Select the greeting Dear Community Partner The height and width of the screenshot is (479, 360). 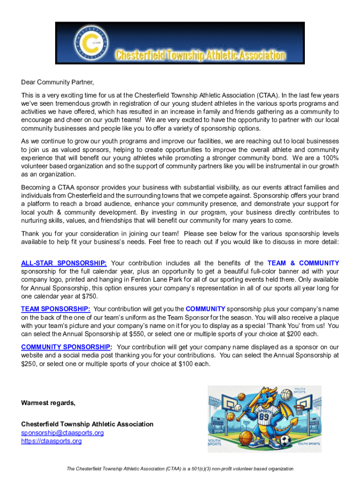58,83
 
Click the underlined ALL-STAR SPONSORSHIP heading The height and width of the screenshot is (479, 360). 64,263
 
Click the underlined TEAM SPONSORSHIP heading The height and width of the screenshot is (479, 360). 56,309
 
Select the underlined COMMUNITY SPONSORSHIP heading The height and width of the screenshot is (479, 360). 66,347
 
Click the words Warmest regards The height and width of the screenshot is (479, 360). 48,403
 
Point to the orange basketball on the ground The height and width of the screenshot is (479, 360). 245,438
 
